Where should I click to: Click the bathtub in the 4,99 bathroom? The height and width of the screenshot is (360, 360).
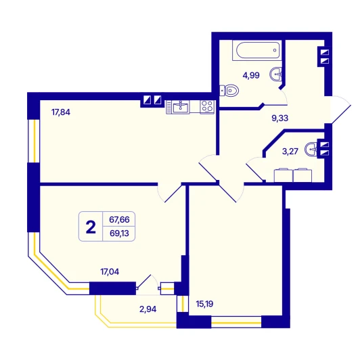(257, 51)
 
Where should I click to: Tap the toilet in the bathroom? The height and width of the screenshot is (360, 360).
(229, 91)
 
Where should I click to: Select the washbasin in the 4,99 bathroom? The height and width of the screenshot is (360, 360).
(275, 74)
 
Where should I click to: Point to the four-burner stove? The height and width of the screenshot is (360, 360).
(207, 107)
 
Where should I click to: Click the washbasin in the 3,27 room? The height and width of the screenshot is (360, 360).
(311, 149)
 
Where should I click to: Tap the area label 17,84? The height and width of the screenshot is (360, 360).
(61, 112)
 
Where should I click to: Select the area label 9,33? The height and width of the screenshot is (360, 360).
(280, 118)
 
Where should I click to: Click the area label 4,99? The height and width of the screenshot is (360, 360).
(251, 75)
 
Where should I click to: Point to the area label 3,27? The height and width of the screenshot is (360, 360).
(290, 152)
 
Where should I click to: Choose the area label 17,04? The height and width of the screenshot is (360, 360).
(110, 272)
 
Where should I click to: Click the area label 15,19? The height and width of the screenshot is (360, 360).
(204, 304)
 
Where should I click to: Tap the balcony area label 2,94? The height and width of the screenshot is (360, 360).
(148, 309)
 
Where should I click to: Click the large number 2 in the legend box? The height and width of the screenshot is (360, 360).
(91, 227)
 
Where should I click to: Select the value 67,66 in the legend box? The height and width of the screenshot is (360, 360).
(119, 220)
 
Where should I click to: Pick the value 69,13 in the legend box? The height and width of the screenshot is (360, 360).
(119, 233)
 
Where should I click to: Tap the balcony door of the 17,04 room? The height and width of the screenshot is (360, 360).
(148, 285)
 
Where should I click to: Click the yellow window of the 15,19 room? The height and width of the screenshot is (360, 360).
(236, 323)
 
